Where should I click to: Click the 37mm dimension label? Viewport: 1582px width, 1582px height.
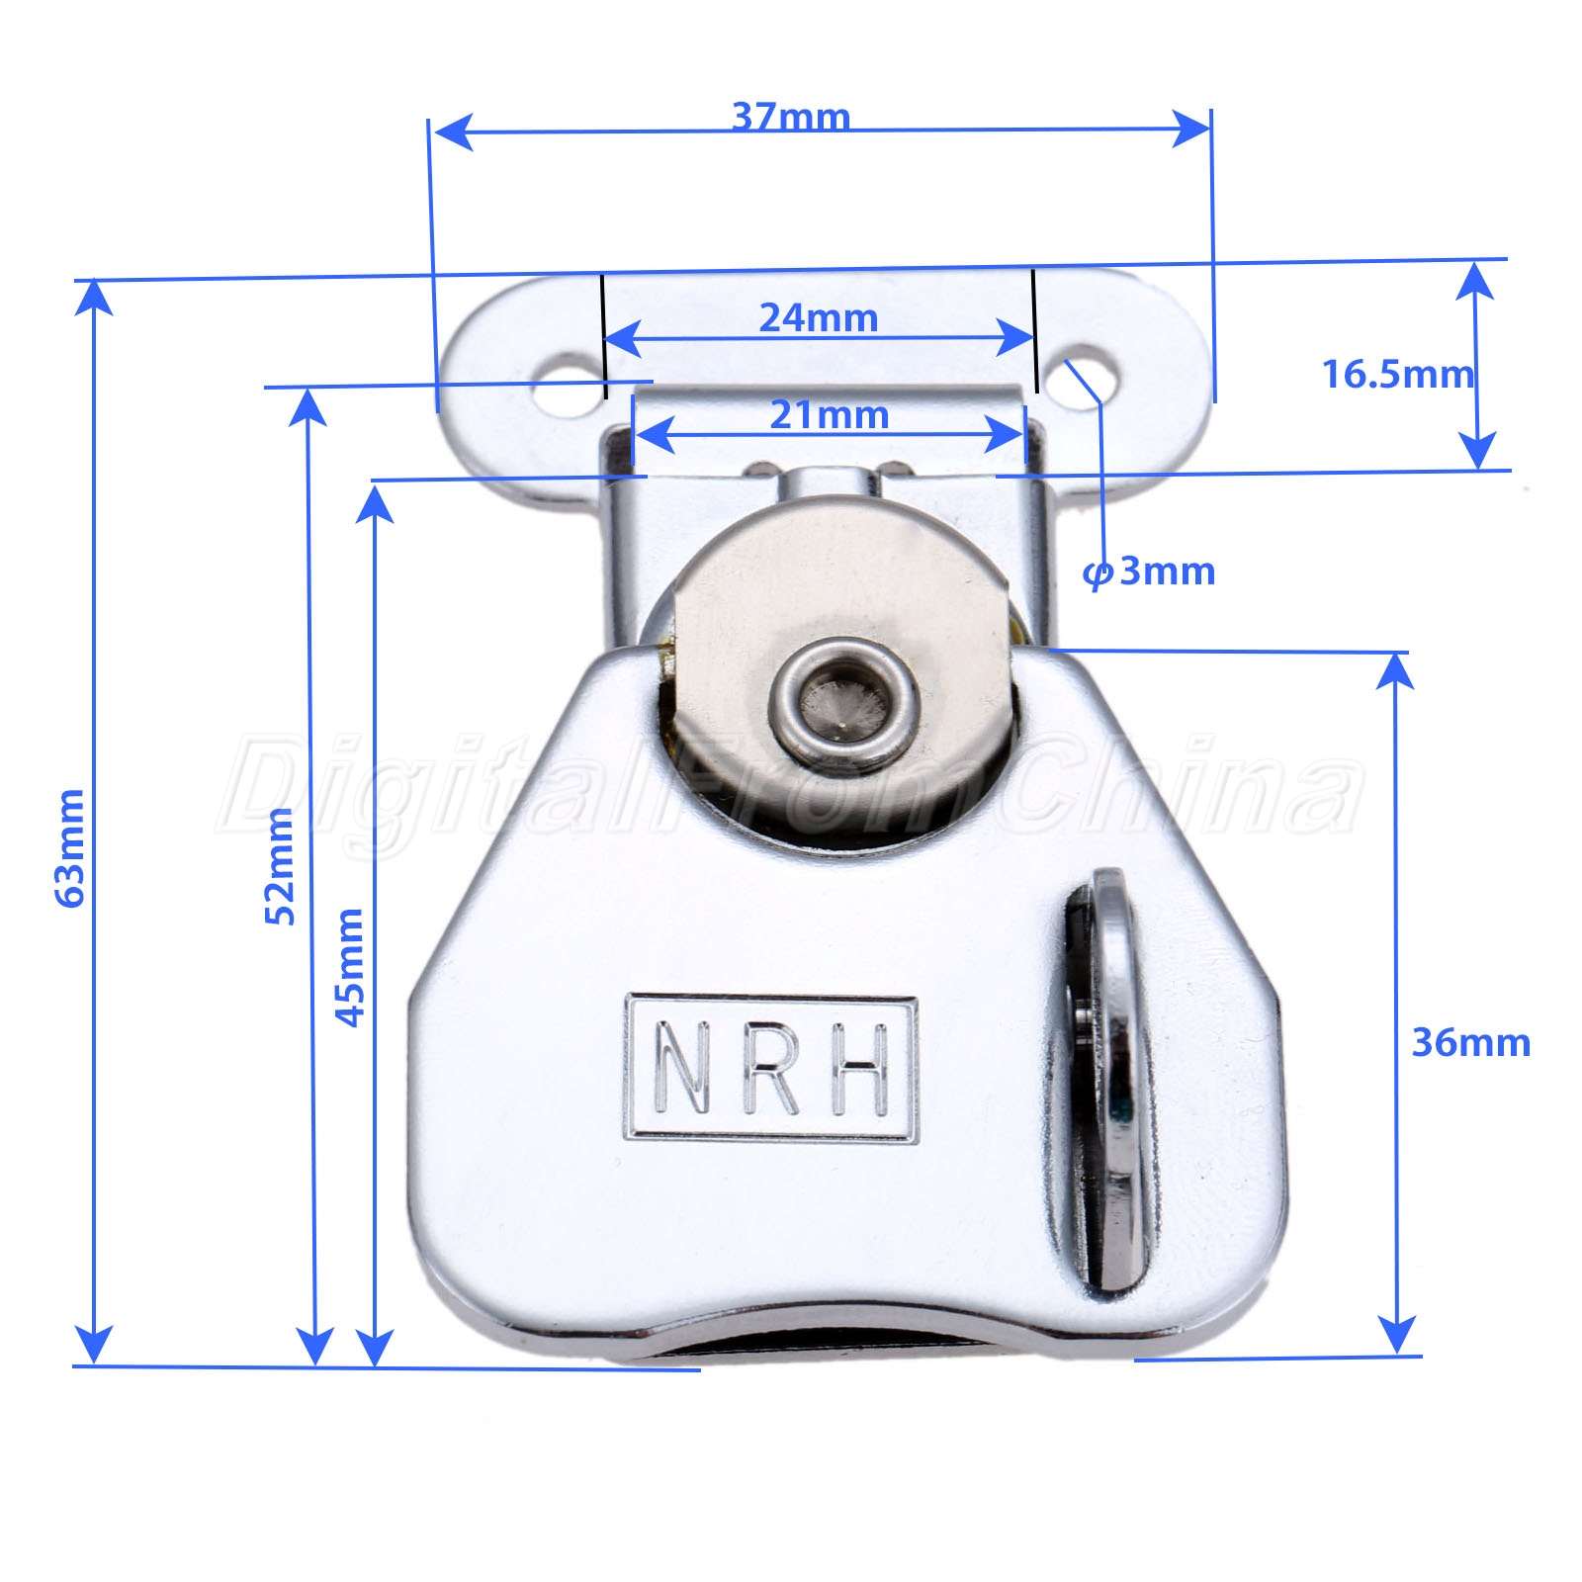(x=791, y=117)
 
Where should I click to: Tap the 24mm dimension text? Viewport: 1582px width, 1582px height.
(x=819, y=318)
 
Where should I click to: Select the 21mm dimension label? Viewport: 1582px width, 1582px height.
(x=830, y=415)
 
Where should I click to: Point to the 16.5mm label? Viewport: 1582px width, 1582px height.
(x=1397, y=375)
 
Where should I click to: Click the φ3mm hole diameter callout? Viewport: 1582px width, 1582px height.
(x=1148, y=571)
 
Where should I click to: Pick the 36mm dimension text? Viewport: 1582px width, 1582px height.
(x=1470, y=1043)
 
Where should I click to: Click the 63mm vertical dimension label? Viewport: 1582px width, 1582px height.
(x=69, y=847)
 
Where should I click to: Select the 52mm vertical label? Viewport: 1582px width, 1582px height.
(x=280, y=866)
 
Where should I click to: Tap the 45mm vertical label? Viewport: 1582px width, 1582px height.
(x=349, y=967)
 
